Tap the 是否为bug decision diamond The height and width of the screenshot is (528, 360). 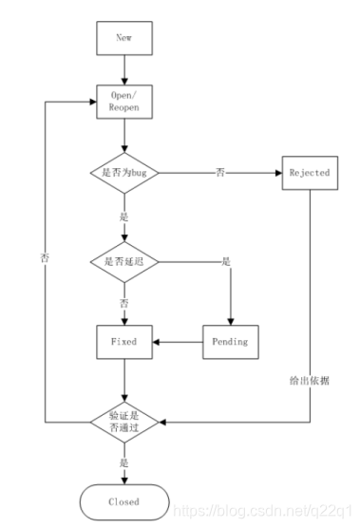[123, 173]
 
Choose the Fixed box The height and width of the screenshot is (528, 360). [123, 340]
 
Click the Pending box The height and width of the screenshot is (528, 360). [230, 340]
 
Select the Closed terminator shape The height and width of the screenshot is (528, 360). [123, 500]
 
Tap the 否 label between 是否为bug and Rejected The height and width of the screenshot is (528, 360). [220, 173]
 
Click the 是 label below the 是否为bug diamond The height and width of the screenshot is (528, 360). [123, 216]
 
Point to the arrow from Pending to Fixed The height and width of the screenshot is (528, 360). [177, 340]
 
